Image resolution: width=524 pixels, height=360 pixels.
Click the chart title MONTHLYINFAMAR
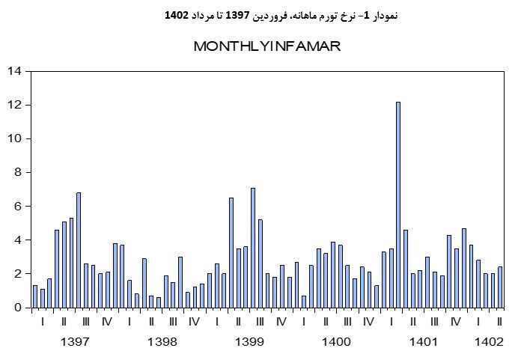point(267,46)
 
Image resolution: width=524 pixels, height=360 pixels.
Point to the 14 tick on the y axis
point(14,71)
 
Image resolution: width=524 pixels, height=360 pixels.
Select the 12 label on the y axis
point(14,105)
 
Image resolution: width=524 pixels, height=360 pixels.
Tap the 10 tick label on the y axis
point(14,138)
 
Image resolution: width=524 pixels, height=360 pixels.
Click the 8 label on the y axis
point(17,172)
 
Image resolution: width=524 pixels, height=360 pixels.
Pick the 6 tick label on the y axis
point(17,206)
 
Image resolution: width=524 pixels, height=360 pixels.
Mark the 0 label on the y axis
point(17,308)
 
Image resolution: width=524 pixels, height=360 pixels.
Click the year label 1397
point(75,341)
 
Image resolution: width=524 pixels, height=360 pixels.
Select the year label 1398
point(162,341)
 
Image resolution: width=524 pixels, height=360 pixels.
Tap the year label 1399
point(249,341)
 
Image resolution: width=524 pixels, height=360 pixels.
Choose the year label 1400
point(336,341)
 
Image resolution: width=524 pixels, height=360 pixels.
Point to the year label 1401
point(423,341)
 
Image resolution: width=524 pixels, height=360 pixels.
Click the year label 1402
point(489,341)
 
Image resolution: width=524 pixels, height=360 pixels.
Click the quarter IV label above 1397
point(107,322)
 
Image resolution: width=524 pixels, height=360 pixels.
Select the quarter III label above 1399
point(260,322)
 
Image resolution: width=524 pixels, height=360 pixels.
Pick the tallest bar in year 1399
point(253,248)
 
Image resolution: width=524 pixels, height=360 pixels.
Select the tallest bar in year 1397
point(79,250)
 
